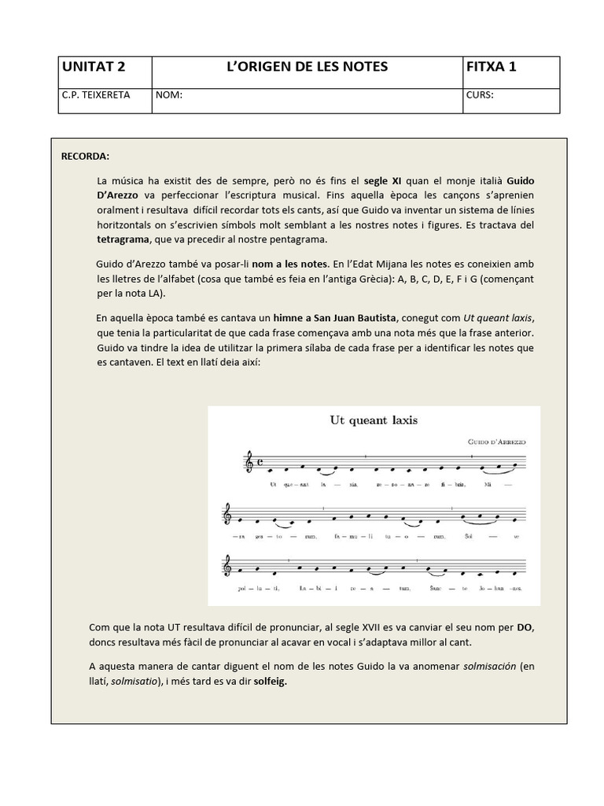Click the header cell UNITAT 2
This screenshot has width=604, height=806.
coord(94,67)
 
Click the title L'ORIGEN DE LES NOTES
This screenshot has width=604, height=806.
coord(307,67)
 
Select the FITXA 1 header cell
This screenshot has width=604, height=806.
coord(492,67)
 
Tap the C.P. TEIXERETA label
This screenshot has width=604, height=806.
coord(96,95)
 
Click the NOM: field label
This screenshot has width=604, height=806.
coord(169,95)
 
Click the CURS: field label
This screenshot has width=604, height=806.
coord(481,95)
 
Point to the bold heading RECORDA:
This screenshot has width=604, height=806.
coord(86,156)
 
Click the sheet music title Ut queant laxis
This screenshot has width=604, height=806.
coord(374,420)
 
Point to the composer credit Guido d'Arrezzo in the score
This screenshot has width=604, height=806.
coord(495,442)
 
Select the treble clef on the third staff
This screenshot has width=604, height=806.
coord(228,565)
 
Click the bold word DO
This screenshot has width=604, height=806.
coord(525,627)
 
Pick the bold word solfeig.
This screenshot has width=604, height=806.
coord(270,682)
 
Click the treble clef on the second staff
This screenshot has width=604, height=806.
coord(228,514)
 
